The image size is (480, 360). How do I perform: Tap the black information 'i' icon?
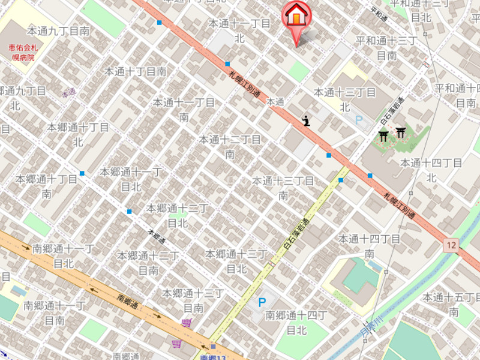pos(307,121)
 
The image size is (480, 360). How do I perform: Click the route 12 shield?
pos(451,245)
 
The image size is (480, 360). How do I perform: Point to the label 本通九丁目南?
pos(58,30)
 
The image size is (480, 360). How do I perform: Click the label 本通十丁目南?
pos(135,71)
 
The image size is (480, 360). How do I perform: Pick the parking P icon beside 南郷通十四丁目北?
pos(262,302)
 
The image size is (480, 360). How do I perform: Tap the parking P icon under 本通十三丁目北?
pos(359,121)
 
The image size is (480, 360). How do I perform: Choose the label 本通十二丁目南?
pos(230,146)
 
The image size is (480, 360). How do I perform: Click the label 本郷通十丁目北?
pos(78,134)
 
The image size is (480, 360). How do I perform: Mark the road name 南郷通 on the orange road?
pos(128,300)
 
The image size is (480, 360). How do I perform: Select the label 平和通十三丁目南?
pos(386,48)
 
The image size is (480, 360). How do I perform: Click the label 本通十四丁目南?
pos(370,246)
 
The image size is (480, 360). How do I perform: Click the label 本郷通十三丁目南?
pos(193,300)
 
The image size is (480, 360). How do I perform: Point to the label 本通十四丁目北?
pos(431,170)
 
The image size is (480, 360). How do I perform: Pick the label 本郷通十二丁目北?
pos(177,215)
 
